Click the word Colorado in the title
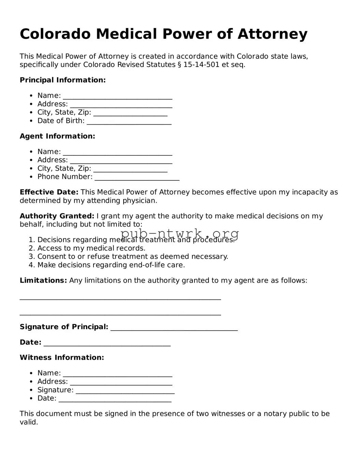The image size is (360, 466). [55, 34]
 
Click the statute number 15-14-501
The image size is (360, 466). [201, 65]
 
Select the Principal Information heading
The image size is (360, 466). [63, 80]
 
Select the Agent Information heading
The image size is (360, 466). [57, 136]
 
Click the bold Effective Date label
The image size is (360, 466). [49, 192]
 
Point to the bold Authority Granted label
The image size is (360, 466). [57, 216]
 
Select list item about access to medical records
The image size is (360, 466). [91, 248]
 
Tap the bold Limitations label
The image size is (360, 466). [43, 281]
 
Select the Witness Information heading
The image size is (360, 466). [62, 358]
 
